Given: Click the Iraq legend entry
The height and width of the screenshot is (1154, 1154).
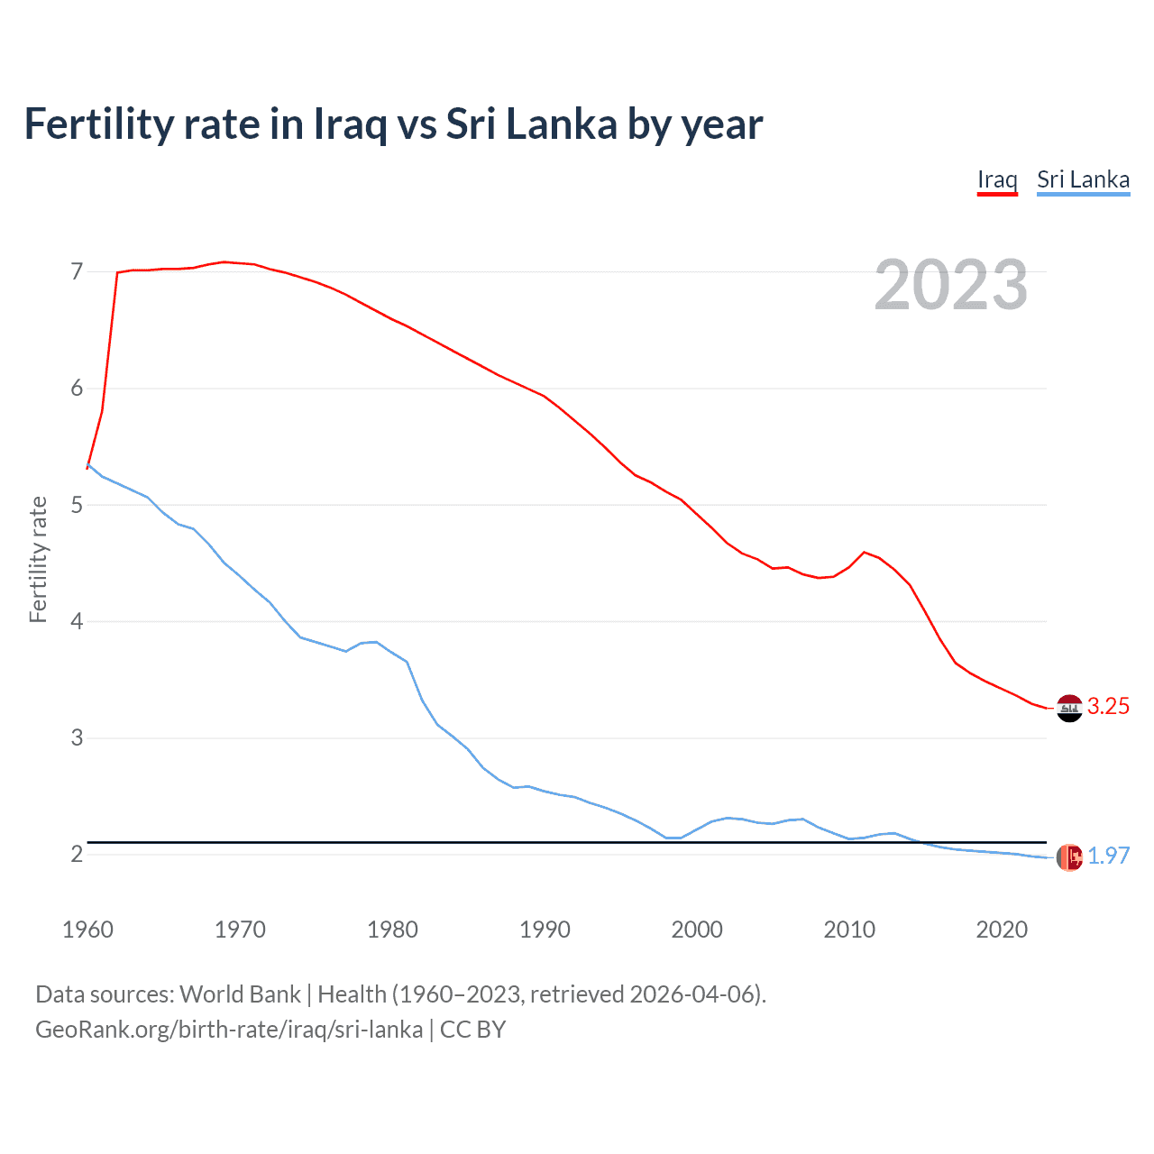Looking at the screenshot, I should (x=997, y=179).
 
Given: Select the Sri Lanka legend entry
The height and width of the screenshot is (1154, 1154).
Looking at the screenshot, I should (x=1083, y=179).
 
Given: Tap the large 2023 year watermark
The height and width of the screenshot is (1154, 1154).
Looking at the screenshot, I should (x=950, y=285).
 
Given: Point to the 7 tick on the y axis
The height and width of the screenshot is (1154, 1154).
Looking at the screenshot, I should (x=77, y=271).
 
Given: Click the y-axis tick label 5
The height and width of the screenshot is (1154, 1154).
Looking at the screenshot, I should (x=77, y=505).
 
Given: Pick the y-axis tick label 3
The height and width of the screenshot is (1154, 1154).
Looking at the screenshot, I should (x=77, y=738).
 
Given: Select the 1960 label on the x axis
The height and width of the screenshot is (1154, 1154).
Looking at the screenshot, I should (x=87, y=930).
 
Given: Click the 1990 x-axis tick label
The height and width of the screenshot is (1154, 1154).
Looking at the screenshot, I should (x=545, y=930).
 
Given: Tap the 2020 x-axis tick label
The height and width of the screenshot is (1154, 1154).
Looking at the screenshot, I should (x=1002, y=930).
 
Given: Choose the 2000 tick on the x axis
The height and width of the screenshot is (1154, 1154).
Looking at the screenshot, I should (x=697, y=930).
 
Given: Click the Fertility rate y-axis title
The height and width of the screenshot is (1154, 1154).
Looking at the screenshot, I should (x=38, y=559).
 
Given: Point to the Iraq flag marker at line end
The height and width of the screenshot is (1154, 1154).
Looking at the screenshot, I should (x=1069, y=709).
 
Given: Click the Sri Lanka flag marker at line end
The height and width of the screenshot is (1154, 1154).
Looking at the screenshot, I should (x=1069, y=857).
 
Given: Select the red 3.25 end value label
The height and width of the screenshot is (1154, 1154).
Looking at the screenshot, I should (x=1108, y=707).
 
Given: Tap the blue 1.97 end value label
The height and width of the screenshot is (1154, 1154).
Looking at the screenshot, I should (x=1108, y=856).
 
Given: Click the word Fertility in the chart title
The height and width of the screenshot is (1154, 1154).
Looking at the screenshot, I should (x=98, y=124).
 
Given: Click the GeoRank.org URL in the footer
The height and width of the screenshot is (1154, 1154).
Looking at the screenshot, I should (x=229, y=1030).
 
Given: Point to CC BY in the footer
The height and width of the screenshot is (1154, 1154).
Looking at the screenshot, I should (x=472, y=1030).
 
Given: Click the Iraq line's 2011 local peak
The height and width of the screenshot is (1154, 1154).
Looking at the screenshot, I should (x=865, y=552).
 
